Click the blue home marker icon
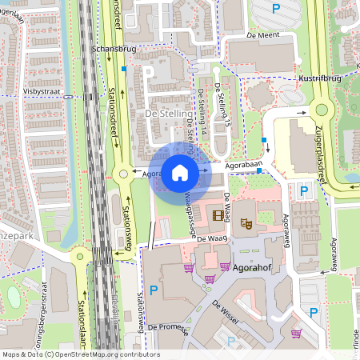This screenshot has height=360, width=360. (x=180, y=172)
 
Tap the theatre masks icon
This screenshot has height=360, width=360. (x=248, y=226)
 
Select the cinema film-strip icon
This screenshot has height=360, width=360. (x=218, y=215)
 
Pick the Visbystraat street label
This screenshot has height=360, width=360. (x=42, y=92)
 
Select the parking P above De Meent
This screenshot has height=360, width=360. (x=276, y=9)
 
